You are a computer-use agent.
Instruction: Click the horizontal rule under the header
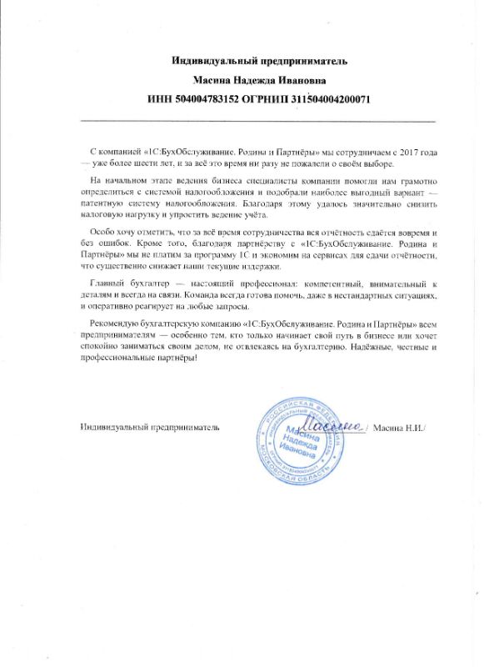tap(258, 123)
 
